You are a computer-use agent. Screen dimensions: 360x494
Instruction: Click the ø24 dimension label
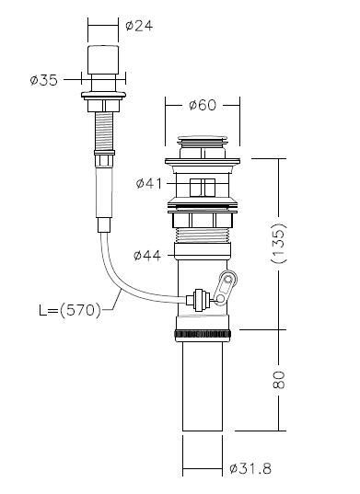139,26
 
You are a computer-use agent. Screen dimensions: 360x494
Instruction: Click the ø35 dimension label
44,80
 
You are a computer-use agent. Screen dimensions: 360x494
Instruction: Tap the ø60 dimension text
203,105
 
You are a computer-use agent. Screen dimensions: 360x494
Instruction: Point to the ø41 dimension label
149,183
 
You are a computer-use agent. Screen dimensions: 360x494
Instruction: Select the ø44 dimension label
147,255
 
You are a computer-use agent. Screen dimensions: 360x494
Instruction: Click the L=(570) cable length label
70,311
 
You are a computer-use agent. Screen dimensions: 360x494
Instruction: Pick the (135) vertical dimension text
278,243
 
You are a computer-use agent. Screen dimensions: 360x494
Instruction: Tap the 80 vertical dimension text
279,380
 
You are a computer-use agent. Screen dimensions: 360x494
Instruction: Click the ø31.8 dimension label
250,468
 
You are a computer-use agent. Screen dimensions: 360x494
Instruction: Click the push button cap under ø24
103,60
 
